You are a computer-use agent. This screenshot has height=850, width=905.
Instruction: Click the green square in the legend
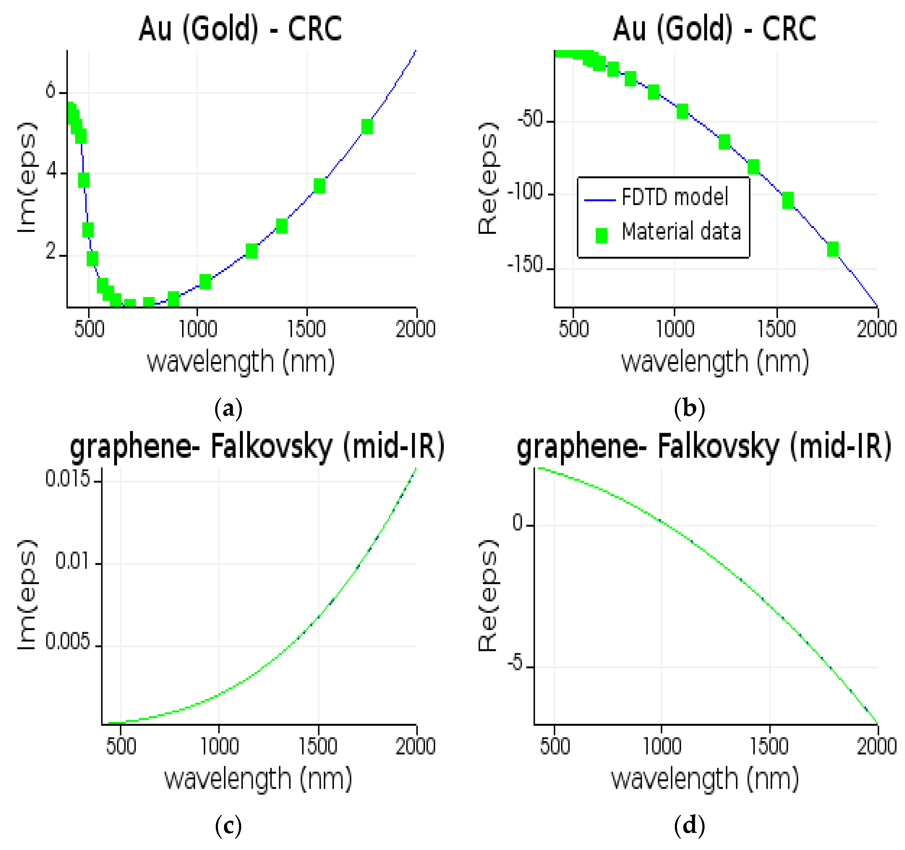601,235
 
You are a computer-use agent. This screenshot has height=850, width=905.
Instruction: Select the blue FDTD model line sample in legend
600,200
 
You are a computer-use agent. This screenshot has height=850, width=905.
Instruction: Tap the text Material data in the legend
681,232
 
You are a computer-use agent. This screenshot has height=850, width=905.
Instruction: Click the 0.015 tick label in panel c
67,479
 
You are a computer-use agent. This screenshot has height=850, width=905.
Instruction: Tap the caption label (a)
228,408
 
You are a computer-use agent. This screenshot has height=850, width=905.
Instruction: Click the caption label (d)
689,825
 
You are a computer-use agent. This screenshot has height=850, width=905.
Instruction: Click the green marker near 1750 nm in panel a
367,127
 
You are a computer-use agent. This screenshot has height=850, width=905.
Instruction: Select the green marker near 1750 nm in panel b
832,249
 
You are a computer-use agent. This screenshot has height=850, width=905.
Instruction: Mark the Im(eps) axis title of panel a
26,178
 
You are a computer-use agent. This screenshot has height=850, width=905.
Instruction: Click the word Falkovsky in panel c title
271,447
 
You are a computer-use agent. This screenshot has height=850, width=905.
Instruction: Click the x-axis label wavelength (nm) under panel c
258,779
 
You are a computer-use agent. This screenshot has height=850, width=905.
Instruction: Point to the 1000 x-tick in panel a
197,329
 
